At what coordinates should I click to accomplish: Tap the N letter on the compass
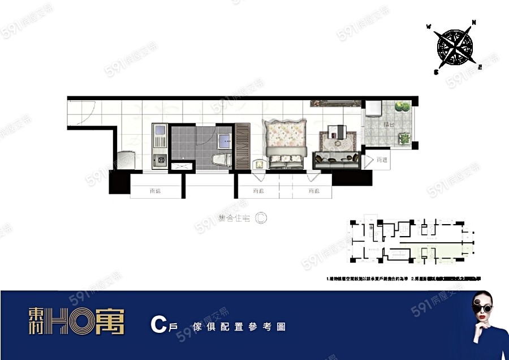[474, 23]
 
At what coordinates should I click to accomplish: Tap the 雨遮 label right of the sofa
[382, 160]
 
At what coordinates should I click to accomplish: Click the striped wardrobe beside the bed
[241, 145]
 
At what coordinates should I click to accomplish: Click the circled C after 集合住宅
[261, 217]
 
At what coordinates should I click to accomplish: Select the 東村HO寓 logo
[76, 321]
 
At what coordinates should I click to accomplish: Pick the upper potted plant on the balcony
[402, 106]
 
